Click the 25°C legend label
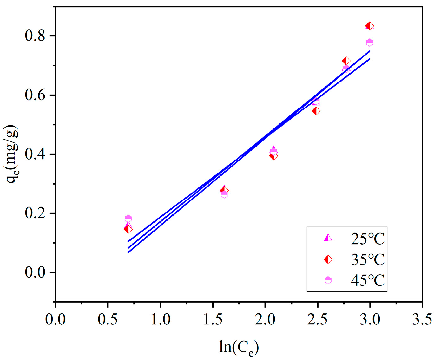click(x=367, y=239)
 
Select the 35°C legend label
click(x=367, y=260)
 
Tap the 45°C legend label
click(x=367, y=280)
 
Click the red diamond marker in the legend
click(x=328, y=259)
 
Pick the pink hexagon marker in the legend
click(x=328, y=280)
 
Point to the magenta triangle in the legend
click(x=328, y=238)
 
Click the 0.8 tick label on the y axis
click(x=35, y=36)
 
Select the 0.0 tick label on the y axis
click(x=35, y=272)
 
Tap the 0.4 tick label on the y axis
click(x=35, y=154)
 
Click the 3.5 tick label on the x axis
click(x=422, y=319)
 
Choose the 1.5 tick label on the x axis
click(x=213, y=319)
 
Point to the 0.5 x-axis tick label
click(x=108, y=319)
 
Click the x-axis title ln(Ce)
click(x=239, y=347)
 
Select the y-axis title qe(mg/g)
click(x=12, y=154)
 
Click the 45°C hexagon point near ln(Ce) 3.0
click(x=370, y=43)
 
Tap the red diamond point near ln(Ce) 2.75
click(x=346, y=61)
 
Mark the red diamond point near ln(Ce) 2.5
click(x=316, y=111)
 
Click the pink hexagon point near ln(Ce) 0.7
click(x=128, y=218)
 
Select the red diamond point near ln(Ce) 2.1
click(x=273, y=156)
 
